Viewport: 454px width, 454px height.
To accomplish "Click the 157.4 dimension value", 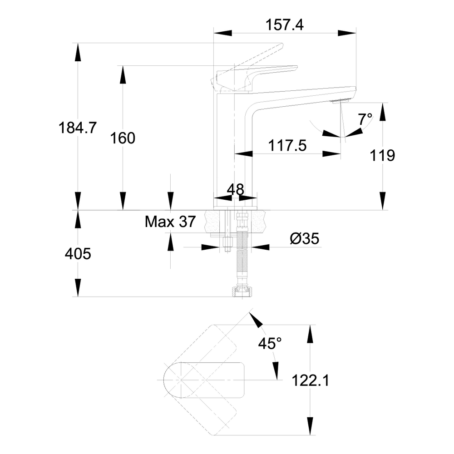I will (x=285, y=25).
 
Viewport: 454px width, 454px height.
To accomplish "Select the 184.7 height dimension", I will (x=77, y=128).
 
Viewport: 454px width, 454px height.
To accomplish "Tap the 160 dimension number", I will (x=123, y=138).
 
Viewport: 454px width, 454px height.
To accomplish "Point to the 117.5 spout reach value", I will (x=287, y=146).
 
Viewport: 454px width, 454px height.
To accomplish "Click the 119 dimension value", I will (x=382, y=156).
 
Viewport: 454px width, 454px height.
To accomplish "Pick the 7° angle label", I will (x=365, y=119).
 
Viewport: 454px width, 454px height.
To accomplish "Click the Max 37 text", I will (x=170, y=222).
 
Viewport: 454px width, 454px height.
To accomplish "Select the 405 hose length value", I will (x=78, y=254).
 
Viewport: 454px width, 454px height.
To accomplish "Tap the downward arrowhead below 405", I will (x=78, y=289).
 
